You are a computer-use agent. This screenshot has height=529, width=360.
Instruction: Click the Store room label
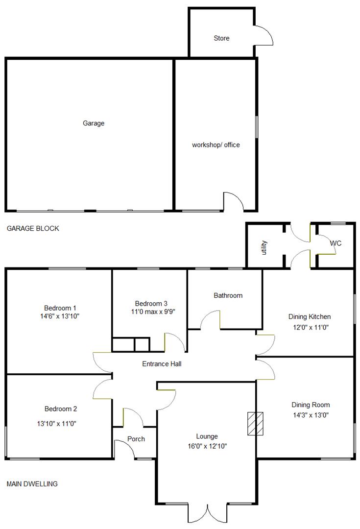point(221,38)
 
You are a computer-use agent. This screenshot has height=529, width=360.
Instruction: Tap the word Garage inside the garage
point(94,123)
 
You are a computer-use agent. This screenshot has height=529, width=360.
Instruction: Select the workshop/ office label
point(216,145)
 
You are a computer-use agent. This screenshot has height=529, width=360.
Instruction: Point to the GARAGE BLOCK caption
point(33,228)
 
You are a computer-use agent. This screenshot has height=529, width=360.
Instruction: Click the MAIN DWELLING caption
point(32,484)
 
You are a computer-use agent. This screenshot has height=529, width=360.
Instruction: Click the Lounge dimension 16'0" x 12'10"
point(207,446)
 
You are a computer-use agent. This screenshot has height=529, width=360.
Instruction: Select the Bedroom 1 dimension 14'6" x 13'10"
point(60,316)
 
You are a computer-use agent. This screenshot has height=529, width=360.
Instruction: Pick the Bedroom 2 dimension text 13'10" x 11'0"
point(60,423)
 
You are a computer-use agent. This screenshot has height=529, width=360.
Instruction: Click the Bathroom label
point(228,295)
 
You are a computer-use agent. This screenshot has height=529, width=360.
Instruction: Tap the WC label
point(336,243)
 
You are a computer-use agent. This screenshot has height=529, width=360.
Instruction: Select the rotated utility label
point(264,245)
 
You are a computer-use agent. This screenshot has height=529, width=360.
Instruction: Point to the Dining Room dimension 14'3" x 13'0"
point(311,414)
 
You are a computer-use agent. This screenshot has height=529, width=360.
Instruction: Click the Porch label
point(136,439)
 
